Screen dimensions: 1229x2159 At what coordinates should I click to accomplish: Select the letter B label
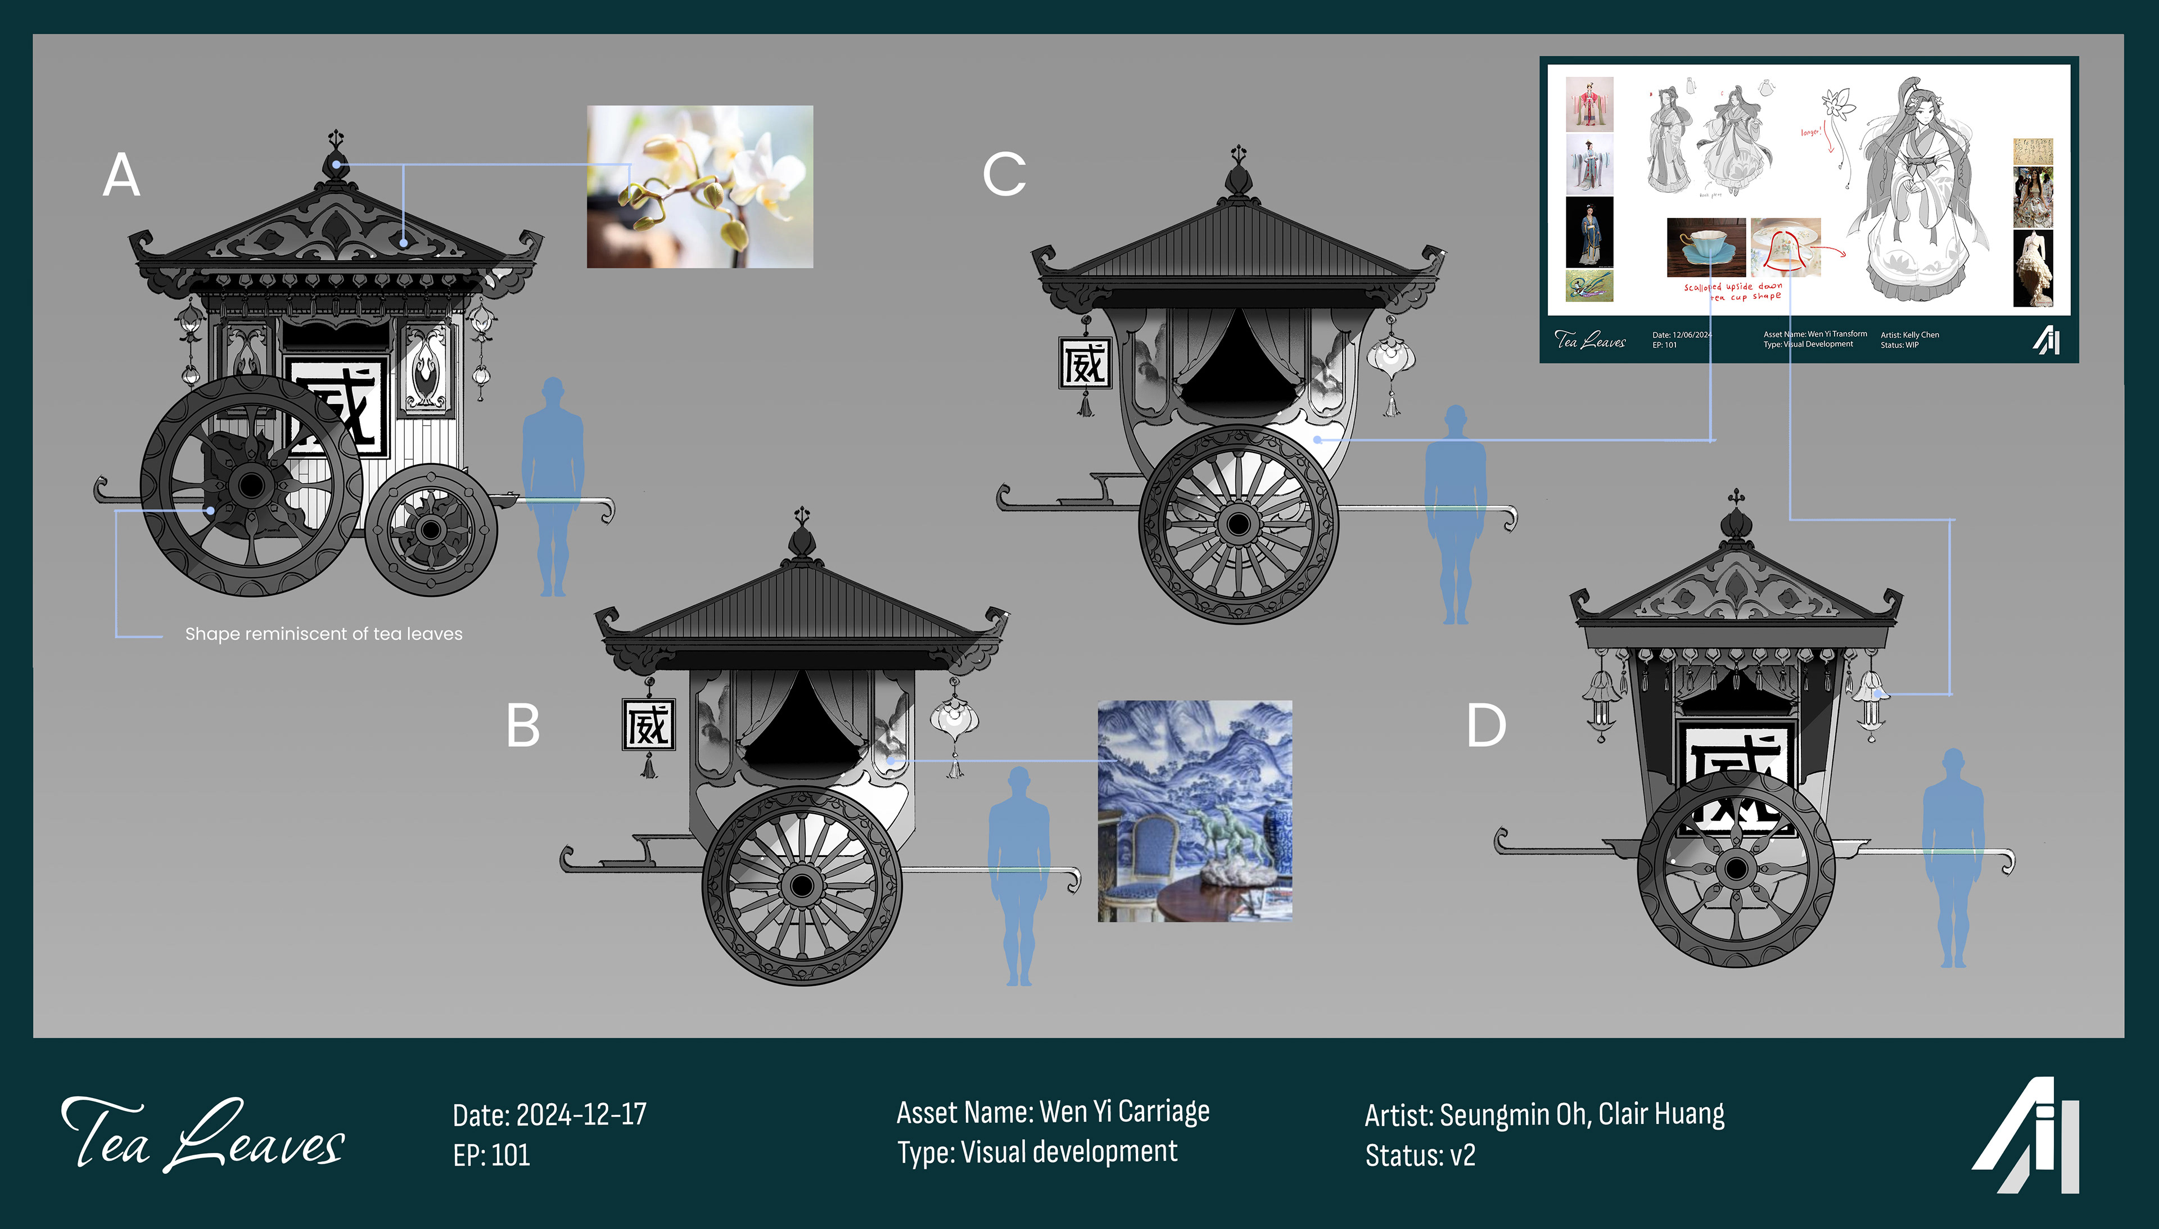(523, 726)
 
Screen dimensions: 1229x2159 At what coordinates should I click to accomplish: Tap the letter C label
(1004, 175)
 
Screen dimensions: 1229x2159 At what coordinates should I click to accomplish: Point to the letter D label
(1486, 726)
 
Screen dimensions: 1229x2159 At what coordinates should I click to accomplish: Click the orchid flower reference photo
(700, 187)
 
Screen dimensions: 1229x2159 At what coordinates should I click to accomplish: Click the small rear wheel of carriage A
(431, 530)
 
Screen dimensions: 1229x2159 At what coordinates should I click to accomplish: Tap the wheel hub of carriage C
(1238, 524)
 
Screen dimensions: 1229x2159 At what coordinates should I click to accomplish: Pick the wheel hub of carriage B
(802, 886)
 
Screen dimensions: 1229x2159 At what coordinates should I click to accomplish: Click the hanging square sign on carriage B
(648, 725)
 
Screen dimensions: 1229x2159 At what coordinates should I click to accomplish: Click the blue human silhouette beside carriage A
(553, 486)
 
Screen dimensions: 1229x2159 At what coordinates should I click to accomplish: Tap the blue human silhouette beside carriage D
(1953, 857)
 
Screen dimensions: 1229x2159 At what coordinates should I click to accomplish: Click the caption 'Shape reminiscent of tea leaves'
(323, 634)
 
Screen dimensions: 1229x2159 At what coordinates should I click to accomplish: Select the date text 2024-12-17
(581, 1115)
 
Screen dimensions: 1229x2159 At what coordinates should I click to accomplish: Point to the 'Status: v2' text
(1420, 1155)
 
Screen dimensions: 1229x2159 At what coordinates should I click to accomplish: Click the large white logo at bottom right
(2026, 1135)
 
